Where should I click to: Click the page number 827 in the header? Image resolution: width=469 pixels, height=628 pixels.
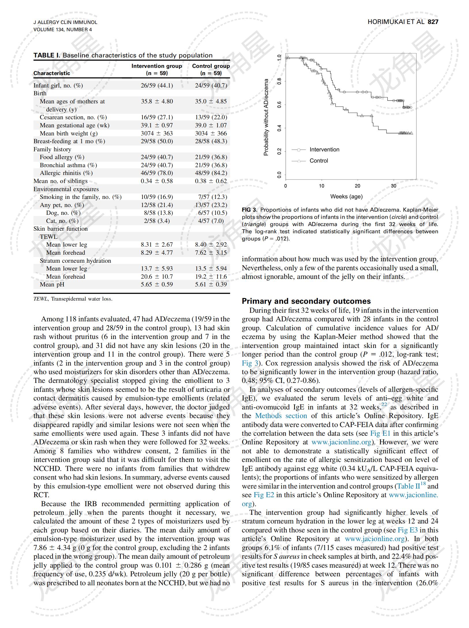tap(433, 22)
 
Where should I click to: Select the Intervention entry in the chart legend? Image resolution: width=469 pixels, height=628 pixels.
tap(324, 150)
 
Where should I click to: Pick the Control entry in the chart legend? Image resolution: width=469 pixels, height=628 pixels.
tap(319, 161)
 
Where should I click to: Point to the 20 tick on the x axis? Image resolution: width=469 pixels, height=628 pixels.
tap(357, 186)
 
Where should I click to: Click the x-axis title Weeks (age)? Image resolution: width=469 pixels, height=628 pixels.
tap(346, 197)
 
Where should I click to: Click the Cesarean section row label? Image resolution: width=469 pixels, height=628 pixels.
tap(73, 117)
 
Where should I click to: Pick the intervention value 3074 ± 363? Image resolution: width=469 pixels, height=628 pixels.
tap(157, 133)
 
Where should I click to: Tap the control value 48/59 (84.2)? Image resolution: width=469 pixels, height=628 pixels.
tap(211, 173)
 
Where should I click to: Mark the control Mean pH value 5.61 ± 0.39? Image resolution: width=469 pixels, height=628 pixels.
tap(211, 284)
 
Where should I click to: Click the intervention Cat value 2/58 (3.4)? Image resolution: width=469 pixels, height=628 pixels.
tap(157, 221)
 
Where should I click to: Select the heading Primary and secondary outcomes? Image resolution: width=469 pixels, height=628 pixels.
tap(306, 301)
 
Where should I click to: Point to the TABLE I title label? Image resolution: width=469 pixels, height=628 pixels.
tap(47, 55)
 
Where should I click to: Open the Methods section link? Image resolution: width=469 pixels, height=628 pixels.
tap(281, 416)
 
